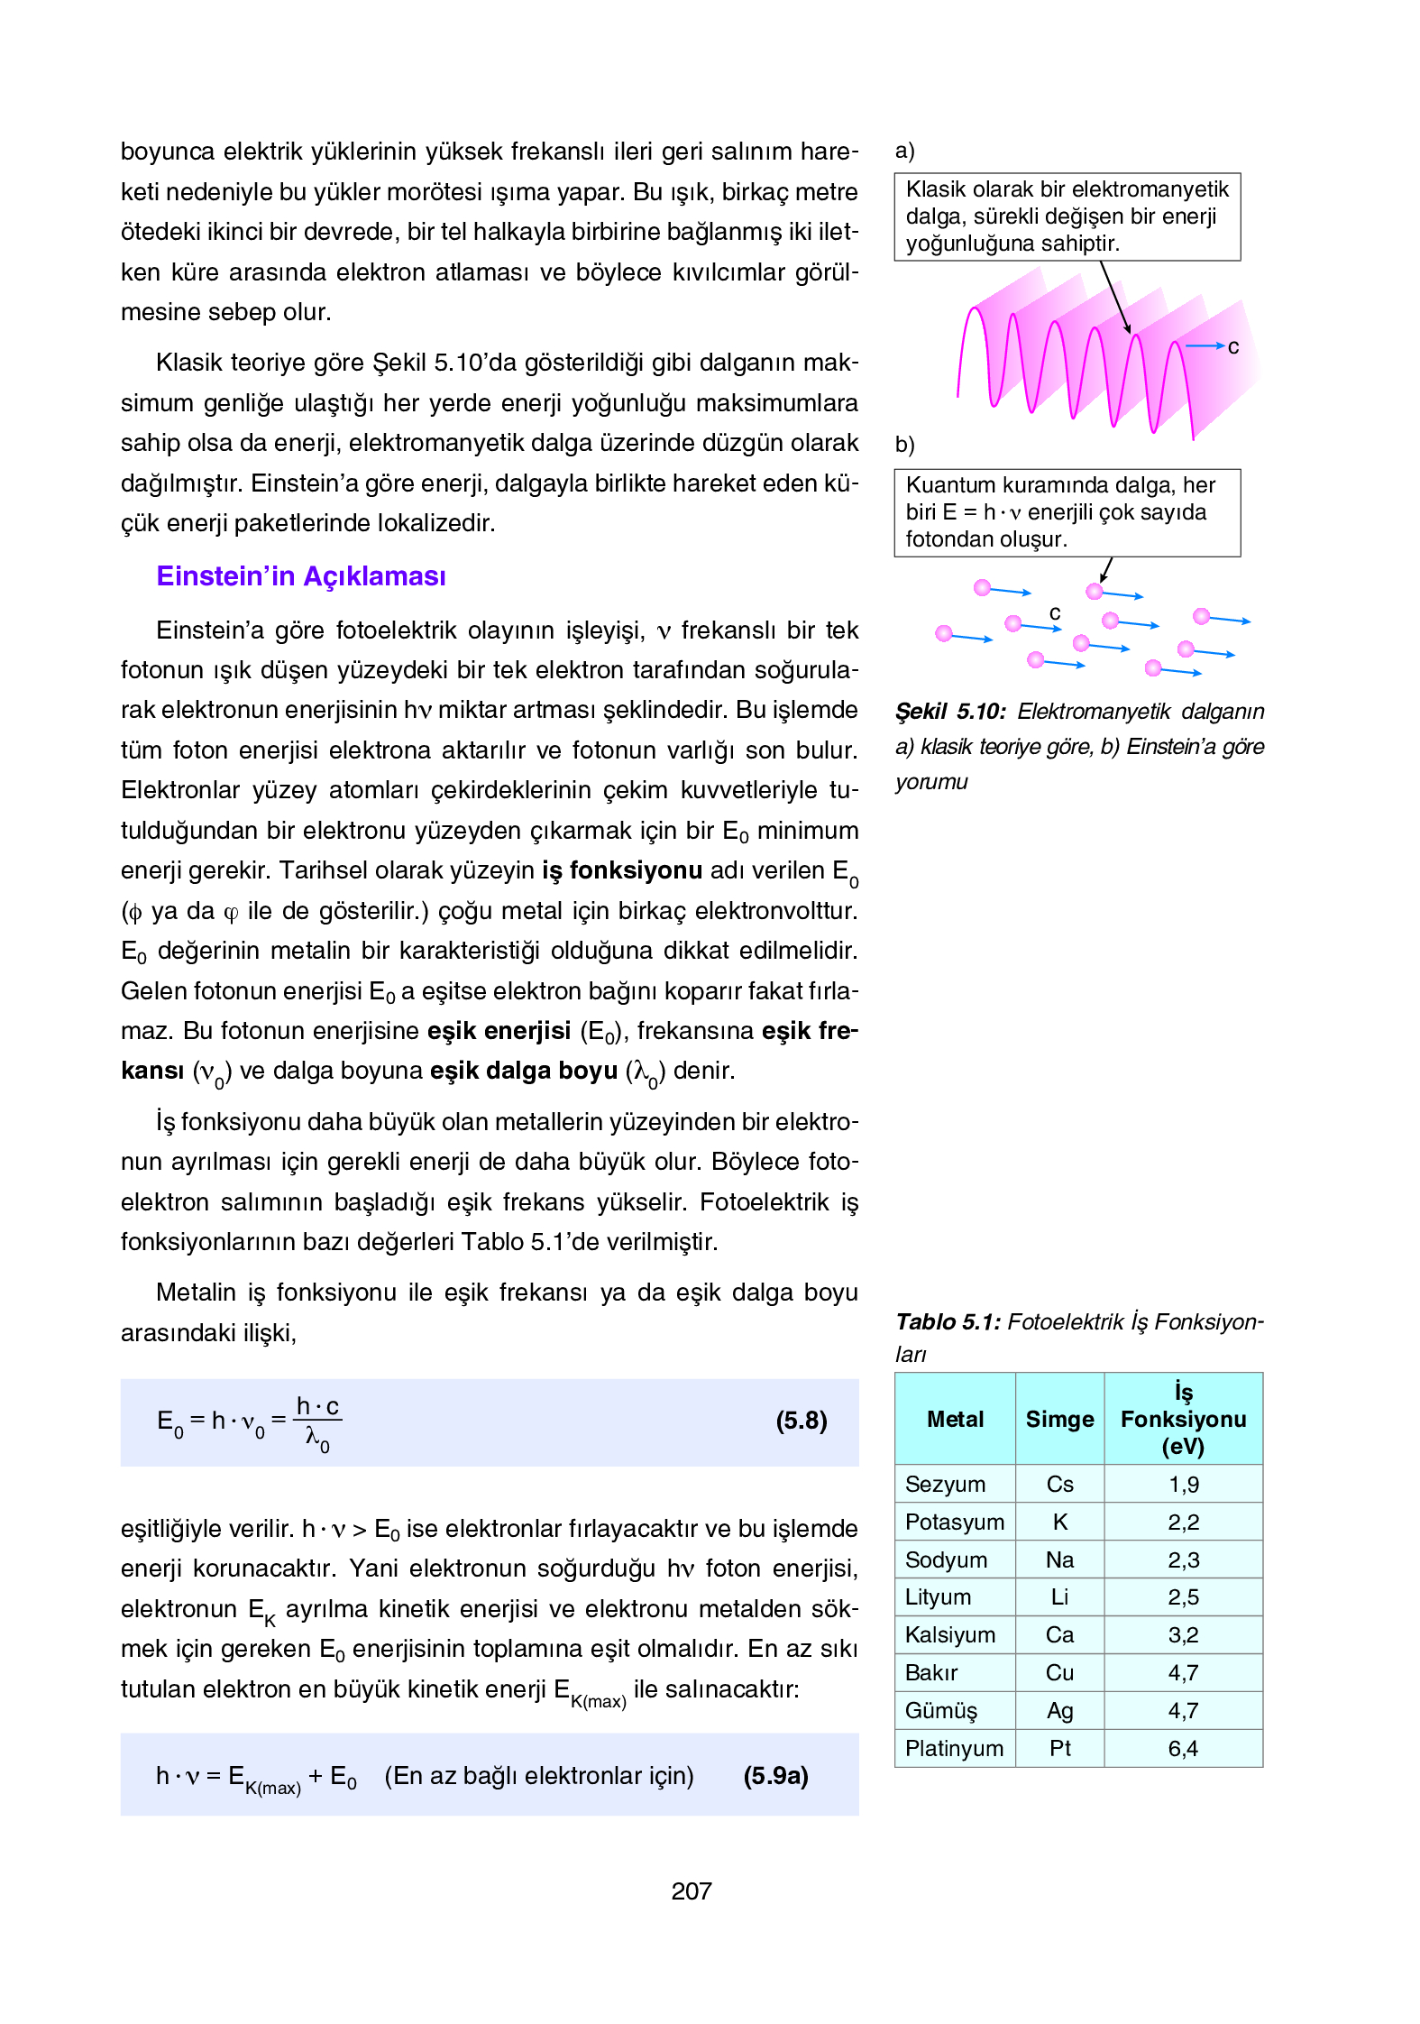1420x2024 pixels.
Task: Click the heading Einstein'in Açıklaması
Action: coord(300,576)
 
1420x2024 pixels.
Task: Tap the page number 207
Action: coord(692,1891)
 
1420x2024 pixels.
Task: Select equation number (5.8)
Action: coord(801,1421)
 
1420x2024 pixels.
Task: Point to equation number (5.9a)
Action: coord(775,1775)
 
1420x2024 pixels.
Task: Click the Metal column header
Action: coord(955,1419)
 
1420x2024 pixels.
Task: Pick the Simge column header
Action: coord(1059,1419)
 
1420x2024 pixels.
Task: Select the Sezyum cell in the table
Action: coord(945,1484)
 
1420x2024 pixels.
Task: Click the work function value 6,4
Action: coord(1183,1748)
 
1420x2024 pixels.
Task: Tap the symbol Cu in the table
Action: coord(1059,1672)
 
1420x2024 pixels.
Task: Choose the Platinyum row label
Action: coord(954,1748)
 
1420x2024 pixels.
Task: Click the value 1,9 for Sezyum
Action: coord(1183,1484)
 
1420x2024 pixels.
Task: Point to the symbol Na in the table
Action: coord(1059,1559)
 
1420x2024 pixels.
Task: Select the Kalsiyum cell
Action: coord(950,1634)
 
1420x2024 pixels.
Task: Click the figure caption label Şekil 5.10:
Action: coord(950,712)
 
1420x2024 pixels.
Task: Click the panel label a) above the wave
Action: coord(904,151)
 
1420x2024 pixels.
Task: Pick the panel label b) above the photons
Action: coord(904,445)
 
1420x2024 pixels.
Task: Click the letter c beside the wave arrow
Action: coord(1233,347)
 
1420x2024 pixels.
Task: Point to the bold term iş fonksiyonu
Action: coord(621,870)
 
